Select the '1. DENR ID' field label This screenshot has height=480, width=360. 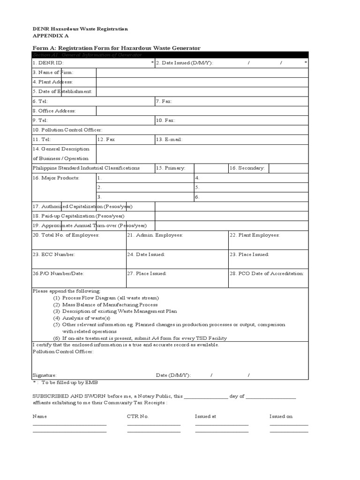[48, 62]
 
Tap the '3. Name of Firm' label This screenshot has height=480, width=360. [53, 72]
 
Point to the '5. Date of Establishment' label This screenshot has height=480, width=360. [62, 91]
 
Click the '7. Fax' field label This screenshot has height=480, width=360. [164, 101]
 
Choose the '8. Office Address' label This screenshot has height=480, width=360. [54, 111]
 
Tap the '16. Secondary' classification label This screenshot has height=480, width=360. [247, 168]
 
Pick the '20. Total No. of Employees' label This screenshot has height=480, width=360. [66, 235]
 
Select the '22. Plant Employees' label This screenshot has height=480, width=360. [254, 235]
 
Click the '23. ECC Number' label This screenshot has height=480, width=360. [53, 254]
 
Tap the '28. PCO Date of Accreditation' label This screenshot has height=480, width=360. [266, 273]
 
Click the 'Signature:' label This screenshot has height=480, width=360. [45, 375]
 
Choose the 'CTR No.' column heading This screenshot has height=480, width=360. [137, 416]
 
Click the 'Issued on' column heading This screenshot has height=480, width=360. [281, 416]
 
